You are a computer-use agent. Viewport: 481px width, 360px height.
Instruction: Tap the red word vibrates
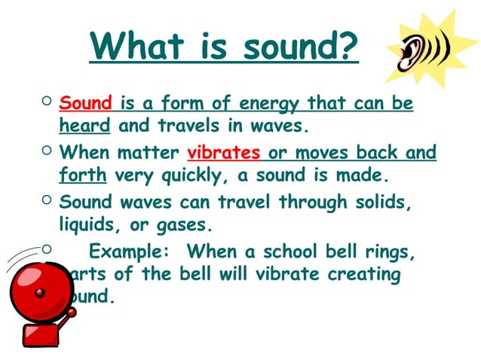click(224, 153)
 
